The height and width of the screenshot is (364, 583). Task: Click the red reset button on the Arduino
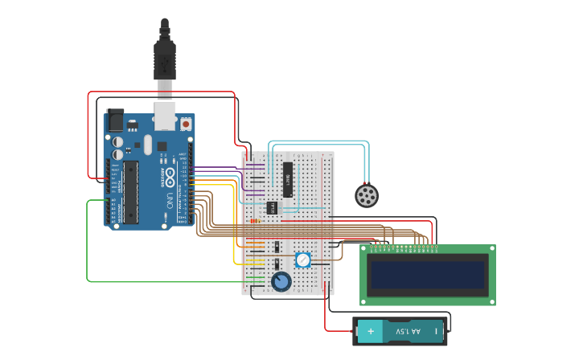(x=186, y=124)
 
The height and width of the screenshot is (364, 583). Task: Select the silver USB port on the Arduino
(x=165, y=117)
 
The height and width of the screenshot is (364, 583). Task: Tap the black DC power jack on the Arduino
(x=115, y=120)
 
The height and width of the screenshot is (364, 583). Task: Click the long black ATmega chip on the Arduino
(x=131, y=192)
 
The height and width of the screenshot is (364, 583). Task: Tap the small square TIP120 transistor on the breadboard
(x=273, y=207)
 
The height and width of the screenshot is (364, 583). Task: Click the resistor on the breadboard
(x=256, y=221)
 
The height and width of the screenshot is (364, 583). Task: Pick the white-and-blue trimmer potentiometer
(x=302, y=260)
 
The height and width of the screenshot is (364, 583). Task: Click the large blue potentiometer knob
(x=281, y=282)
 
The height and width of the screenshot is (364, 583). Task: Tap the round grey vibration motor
(x=367, y=195)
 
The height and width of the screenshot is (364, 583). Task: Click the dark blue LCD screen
(x=428, y=275)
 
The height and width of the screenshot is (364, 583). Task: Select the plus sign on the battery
(x=371, y=330)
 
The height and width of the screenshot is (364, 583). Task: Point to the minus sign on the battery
(x=437, y=330)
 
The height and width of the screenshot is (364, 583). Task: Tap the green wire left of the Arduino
(x=87, y=241)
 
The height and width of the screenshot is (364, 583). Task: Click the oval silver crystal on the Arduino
(x=147, y=145)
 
